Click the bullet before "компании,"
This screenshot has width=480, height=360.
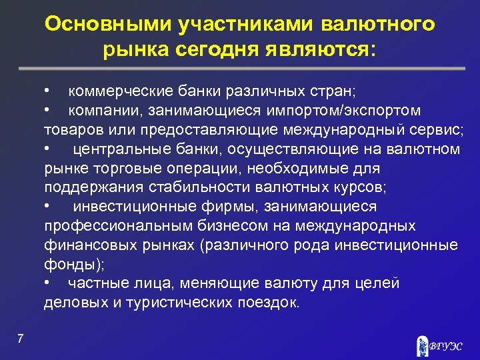pos(47,109)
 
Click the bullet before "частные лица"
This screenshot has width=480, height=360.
pos(47,283)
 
